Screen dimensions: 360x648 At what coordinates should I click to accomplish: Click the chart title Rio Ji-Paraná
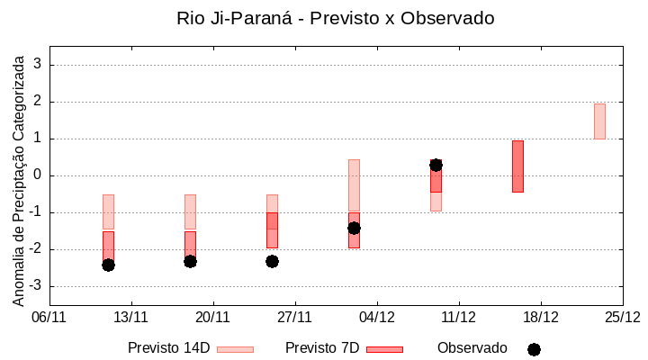(x=336, y=18)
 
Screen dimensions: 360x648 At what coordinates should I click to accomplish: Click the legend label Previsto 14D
(x=169, y=348)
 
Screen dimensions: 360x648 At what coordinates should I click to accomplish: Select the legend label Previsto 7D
(x=321, y=348)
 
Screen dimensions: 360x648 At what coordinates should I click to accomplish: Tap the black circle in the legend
(x=534, y=349)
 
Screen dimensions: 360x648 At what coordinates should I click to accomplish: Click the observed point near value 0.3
(x=436, y=165)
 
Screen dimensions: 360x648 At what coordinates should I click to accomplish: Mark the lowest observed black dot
(x=108, y=265)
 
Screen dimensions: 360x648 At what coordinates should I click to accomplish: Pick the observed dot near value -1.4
(x=354, y=228)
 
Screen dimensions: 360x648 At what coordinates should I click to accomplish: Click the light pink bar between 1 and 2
(x=599, y=121)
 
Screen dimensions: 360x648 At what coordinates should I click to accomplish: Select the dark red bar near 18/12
(x=517, y=166)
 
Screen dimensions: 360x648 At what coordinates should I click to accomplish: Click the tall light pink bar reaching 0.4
(x=354, y=184)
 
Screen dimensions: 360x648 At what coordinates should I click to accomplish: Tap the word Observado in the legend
(x=472, y=348)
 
